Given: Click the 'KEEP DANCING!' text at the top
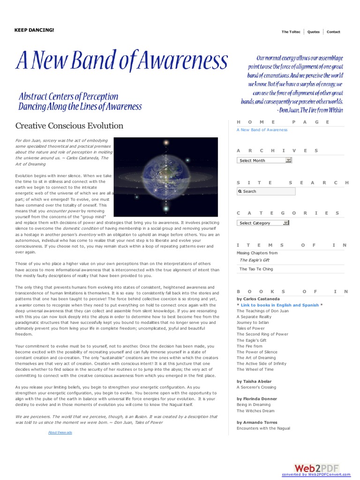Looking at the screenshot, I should [x=34, y=30].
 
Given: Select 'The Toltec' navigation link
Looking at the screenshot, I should [x=291, y=32].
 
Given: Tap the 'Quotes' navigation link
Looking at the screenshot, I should [x=314, y=32].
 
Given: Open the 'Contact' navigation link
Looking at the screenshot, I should [x=333, y=32].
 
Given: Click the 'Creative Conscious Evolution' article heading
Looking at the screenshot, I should [x=69, y=126].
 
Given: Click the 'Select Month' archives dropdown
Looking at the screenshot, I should [x=265, y=160].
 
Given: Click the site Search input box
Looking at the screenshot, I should [x=266, y=191].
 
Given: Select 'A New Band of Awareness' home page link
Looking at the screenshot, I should [x=262, y=130].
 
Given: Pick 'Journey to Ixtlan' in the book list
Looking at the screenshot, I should [x=254, y=322].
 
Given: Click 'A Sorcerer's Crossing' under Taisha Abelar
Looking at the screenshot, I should [x=256, y=387].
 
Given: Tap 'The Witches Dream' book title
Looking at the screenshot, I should [x=255, y=411].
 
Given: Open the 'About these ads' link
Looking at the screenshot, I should [x=60, y=432].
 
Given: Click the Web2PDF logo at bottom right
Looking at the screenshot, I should [x=316, y=468].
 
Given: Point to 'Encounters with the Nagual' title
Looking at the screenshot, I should [x=263, y=428].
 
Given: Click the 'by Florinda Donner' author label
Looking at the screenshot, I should [x=257, y=399].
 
